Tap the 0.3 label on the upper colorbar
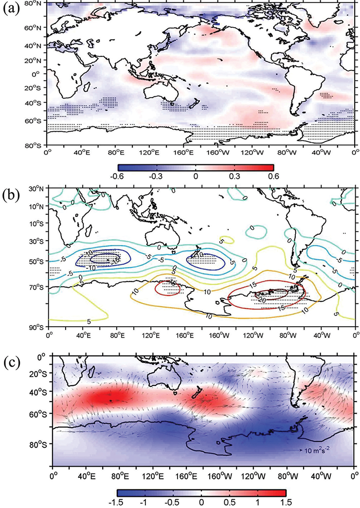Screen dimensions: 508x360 [x=235, y=176]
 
